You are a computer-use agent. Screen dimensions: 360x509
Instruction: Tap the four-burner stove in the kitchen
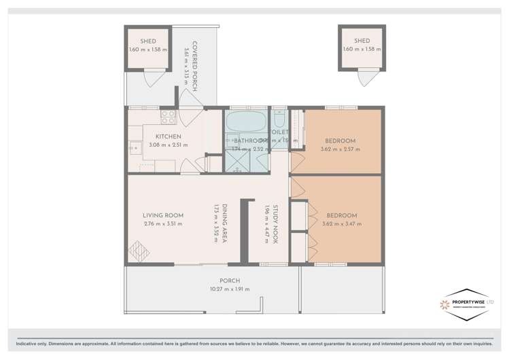coord(168,118)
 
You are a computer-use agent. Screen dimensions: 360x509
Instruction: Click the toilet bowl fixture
coord(279,116)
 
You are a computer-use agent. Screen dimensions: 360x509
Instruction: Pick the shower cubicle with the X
coord(237,160)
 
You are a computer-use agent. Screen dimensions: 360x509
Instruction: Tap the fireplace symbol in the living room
coord(139,251)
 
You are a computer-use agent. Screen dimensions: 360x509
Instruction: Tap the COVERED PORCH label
coord(194,66)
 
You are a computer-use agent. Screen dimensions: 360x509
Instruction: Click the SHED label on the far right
coord(362,41)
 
